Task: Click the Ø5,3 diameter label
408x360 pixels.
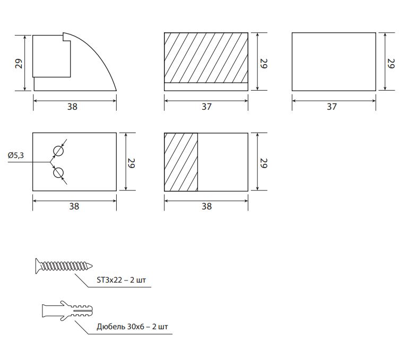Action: click(15, 155)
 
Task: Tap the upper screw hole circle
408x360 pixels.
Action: click(58, 151)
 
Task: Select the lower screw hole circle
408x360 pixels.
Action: click(58, 173)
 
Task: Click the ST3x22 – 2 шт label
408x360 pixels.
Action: click(121, 280)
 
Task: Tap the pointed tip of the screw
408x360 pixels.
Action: click(92, 266)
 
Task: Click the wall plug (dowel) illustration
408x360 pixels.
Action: click(67, 311)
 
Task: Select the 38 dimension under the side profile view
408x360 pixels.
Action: click(72, 107)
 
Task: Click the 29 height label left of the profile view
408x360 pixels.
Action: click(19, 64)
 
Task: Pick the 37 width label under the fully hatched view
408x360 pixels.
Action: click(206, 107)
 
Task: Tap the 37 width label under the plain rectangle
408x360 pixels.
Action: click(332, 107)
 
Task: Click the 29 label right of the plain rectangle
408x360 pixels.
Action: click(391, 64)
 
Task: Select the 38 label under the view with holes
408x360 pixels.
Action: click(74, 207)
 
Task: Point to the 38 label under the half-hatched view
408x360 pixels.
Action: click(206, 207)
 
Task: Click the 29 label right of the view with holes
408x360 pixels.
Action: click(131, 163)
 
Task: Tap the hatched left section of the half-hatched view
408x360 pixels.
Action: click(181, 162)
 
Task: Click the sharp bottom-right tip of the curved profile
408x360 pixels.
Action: click(116, 91)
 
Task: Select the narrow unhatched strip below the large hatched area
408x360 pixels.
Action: click(206, 86)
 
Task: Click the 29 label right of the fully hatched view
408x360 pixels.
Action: click(264, 64)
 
